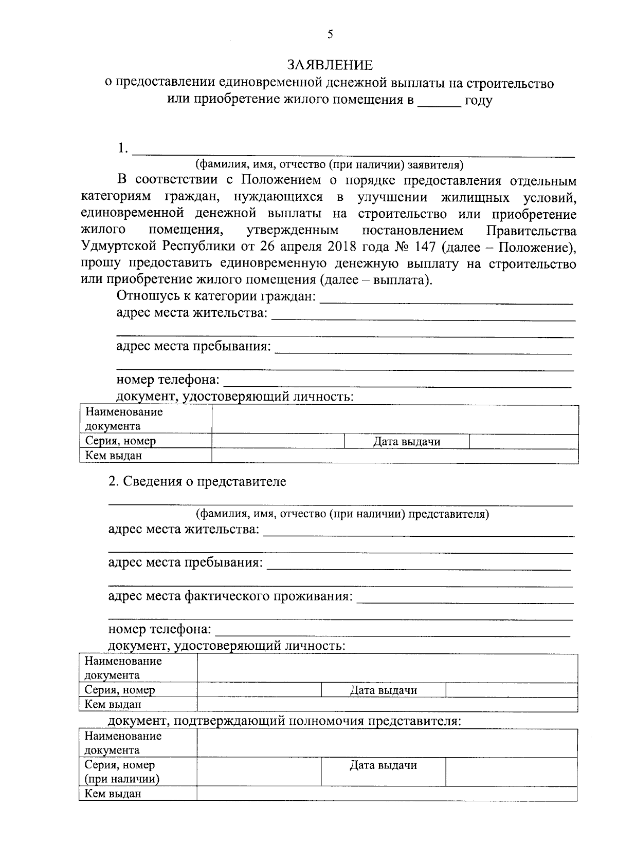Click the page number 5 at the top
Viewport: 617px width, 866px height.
pos(330,34)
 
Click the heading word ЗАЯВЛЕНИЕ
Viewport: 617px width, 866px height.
pos(329,65)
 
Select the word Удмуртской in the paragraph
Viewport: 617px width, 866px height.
pos(119,247)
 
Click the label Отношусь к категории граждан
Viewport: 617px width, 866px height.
pos(216,296)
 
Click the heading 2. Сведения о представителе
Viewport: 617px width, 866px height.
pos(197,482)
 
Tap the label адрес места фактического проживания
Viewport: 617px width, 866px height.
pos(230,596)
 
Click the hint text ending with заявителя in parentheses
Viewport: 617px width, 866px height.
pos(329,165)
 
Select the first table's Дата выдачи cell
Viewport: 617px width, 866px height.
pos(406,441)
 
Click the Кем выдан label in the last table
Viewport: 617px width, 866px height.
pos(113,794)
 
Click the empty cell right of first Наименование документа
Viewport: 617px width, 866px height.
pos(394,419)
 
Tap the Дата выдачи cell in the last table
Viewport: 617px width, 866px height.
pos(383,765)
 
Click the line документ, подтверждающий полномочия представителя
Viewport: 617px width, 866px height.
pos(284,721)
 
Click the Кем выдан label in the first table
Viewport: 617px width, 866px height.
pos(114,456)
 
